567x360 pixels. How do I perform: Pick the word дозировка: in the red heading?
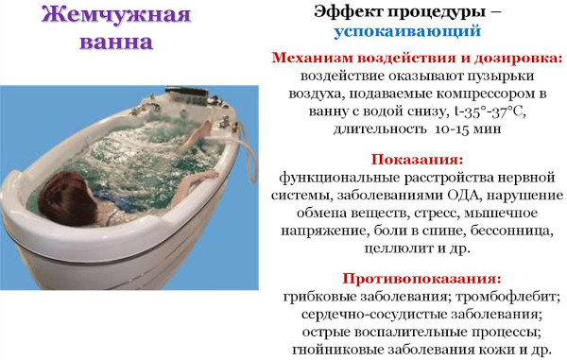(516, 58)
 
